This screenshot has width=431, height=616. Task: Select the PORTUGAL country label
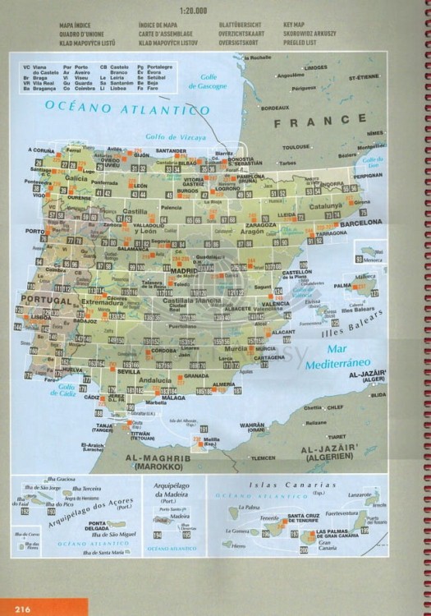tap(47, 301)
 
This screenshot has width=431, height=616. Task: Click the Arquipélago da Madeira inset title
tap(175, 492)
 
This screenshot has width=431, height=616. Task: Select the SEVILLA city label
tap(129, 371)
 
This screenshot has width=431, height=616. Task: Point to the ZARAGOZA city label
tap(260, 224)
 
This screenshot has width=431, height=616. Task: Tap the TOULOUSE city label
tap(296, 147)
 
